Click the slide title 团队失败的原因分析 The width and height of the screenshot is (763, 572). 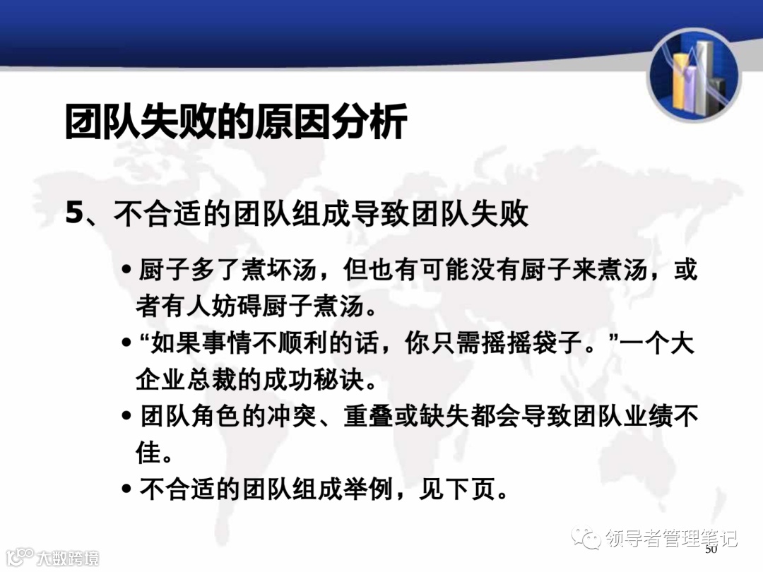click(x=236, y=121)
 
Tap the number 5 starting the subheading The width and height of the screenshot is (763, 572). click(x=74, y=214)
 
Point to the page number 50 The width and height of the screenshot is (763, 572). click(x=711, y=549)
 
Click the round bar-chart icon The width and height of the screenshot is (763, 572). click(x=694, y=75)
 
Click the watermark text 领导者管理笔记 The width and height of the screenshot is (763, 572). click(x=672, y=539)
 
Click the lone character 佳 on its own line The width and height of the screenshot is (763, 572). click(x=149, y=453)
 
